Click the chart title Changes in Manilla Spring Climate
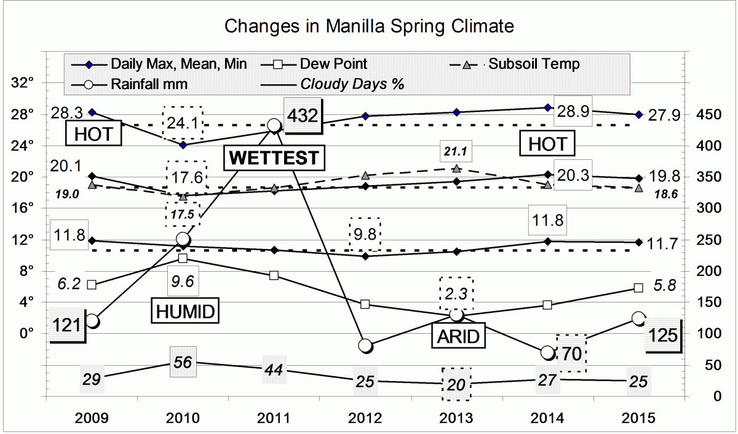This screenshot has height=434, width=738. [368, 26]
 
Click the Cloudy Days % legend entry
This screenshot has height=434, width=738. [351, 84]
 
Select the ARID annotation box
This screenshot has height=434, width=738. [458, 336]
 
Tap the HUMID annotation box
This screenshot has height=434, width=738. [184, 312]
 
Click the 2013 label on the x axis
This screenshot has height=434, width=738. [456, 419]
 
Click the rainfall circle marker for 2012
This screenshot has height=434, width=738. [365, 346]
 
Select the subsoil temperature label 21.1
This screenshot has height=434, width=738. [456, 151]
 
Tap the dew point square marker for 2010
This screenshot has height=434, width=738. [183, 258]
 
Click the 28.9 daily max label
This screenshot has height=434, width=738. [573, 111]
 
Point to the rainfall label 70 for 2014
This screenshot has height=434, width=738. [571, 353]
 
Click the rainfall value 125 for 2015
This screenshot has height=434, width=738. [662, 336]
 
